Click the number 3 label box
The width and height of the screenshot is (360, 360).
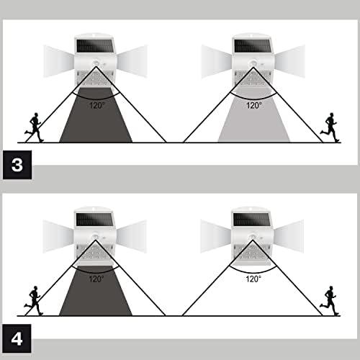17,165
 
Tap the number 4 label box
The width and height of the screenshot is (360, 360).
17,338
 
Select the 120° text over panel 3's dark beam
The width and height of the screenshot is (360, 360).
97,105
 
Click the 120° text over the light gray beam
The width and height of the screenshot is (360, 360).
254,105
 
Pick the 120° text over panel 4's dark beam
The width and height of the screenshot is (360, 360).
96,279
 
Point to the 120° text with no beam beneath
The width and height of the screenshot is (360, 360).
253,279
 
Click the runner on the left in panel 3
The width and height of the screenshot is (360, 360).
35,127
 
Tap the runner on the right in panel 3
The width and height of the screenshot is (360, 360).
330,127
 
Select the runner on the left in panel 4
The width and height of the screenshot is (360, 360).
34,300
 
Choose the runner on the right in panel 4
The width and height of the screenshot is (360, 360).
330,300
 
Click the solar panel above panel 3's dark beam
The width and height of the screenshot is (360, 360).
94,45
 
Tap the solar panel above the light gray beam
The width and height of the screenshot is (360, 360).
253,45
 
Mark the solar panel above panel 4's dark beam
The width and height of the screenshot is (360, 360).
94,220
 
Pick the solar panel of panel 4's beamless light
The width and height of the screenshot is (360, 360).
252,220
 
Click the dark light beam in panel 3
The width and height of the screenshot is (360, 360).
96,115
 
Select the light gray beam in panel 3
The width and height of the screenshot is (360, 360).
254,115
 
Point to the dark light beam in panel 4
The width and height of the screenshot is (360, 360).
96,291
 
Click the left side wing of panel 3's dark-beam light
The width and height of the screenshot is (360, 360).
59,61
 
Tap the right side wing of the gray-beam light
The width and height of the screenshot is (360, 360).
290,61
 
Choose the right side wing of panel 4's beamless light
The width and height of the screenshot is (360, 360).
289,236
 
